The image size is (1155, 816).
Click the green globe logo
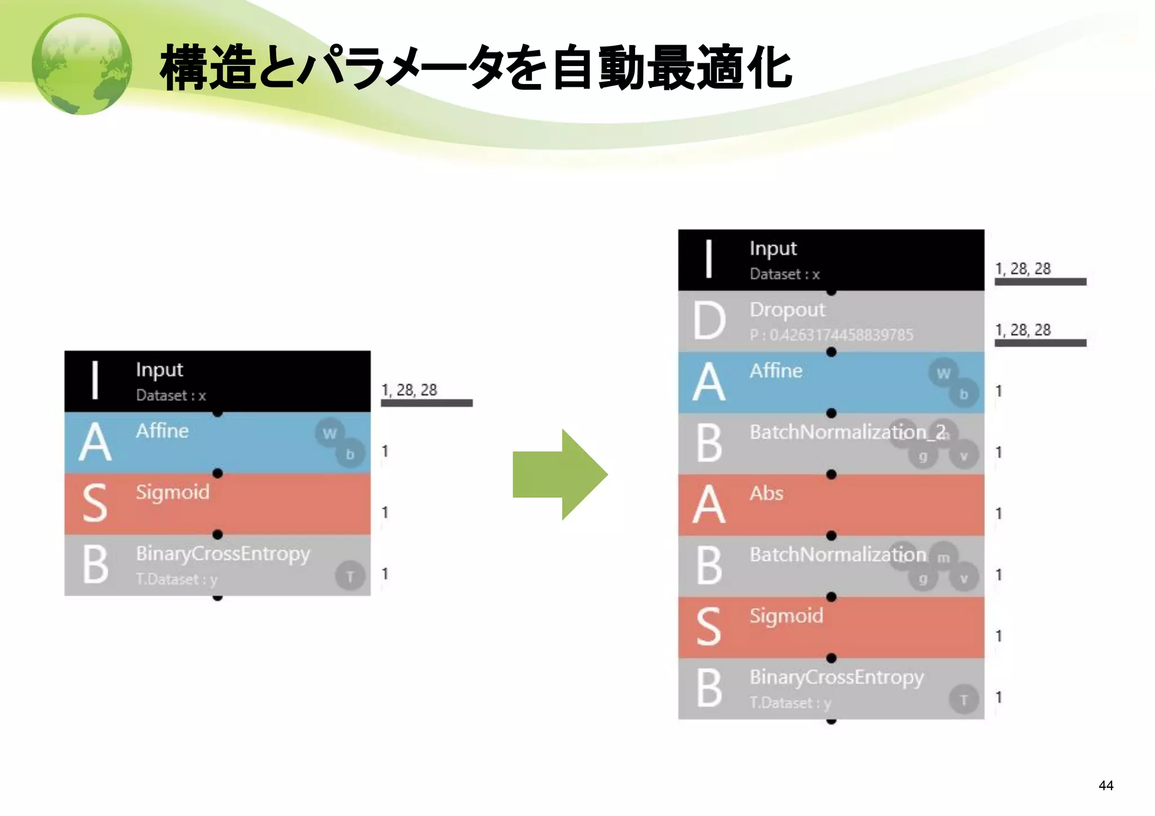coord(82,64)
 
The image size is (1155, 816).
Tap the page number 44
coord(1105,785)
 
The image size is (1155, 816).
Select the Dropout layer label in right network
coord(787,310)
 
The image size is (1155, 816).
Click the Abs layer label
coord(766,493)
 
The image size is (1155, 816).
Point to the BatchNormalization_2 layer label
coord(847,432)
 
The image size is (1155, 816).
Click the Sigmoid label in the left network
coord(172,492)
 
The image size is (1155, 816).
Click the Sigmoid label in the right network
coord(786,615)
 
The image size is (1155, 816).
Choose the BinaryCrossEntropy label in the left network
coord(223,553)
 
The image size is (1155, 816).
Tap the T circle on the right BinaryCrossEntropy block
coord(963,700)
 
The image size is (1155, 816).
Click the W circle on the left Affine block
coord(329,433)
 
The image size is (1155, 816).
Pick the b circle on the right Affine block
coord(963,394)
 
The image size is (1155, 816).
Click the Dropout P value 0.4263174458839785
coord(831,335)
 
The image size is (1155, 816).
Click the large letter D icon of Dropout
coord(709,320)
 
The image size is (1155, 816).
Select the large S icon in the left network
coord(95,503)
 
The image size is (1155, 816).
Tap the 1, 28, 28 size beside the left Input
coord(409,390)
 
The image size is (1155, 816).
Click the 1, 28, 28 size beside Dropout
coord(1022,329)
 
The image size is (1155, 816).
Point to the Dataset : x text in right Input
coord(784,274)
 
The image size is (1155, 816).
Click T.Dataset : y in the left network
coord(176,579)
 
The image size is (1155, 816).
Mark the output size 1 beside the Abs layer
coord(998,513)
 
